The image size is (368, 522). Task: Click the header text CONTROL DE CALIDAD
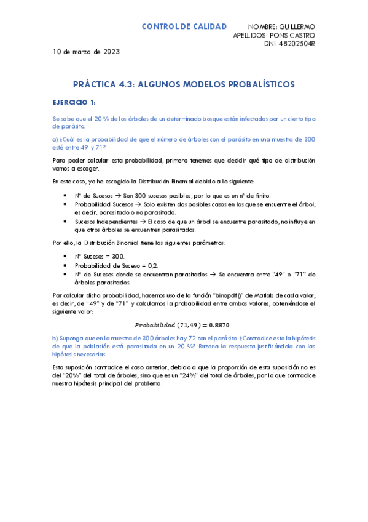click(184, 26)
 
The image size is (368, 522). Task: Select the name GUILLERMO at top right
click(297, 27)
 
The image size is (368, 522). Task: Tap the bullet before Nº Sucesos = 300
click(65, 255)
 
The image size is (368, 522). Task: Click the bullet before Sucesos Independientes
click(65, 220)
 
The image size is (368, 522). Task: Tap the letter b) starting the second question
click(55, 338)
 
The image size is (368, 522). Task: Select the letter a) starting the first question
click(55, 139)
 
